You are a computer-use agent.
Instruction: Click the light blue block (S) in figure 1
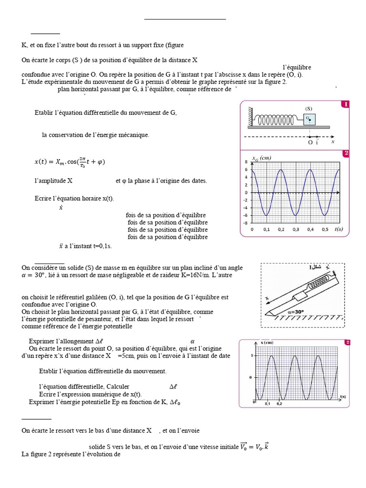(309, 119)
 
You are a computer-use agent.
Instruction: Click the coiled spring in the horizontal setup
(279, 120)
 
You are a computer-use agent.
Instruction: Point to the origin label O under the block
(310, 142)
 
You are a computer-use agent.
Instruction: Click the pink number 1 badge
(345, 104)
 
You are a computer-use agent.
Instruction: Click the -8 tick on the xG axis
(245, 223)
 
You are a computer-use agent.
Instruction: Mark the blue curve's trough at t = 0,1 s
(267, 215)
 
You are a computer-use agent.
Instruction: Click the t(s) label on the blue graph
(338, 229)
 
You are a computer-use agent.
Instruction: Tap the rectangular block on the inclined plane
(300, 296)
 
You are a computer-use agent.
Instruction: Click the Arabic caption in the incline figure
(318, 267)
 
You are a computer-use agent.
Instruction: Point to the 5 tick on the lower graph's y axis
(251, 356)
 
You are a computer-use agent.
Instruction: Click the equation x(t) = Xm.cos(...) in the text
(70, 162)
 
